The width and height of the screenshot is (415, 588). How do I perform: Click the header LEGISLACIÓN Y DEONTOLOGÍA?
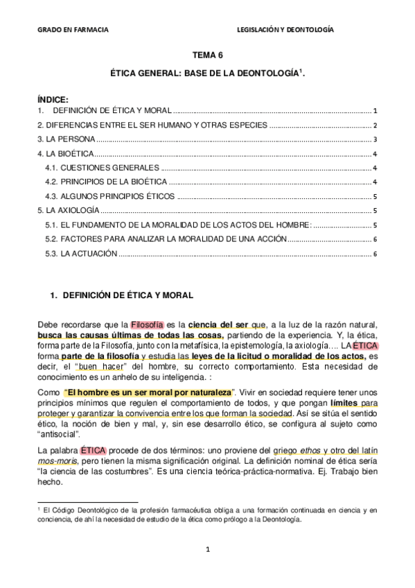click(285, 31)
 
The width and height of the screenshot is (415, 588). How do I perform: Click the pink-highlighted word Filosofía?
click(147, 325)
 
